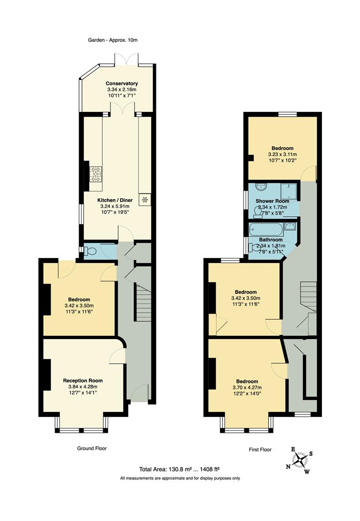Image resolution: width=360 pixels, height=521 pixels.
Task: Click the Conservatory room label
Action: (x=122, y=83)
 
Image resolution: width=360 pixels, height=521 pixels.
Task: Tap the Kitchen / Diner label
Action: (x=115, y=200)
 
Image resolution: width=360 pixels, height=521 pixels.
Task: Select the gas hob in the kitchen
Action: (x=96, y=174)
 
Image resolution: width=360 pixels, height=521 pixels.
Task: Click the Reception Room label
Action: (x=83, y=381)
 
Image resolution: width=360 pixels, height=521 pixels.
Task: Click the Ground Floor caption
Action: (x=92, y=448)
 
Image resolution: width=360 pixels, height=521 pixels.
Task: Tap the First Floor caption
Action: (x=260, y=450)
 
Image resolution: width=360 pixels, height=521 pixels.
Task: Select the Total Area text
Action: (x=179, y=469)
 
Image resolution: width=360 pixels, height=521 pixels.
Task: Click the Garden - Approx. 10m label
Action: (x=113, y=40)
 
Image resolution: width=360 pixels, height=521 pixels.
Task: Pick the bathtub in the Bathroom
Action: (x=266, y=229)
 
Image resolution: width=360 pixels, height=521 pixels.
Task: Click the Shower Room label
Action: (x=272, y=201)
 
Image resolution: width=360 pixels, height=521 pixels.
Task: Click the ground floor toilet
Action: (x=90, y=251)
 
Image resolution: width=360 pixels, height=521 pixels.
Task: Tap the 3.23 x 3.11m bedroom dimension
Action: (x=282, y=154)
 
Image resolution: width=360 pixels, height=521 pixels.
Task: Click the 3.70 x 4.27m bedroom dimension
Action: (x=247, y=387)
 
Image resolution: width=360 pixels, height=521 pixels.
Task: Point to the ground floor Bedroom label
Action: (x=79, y=300)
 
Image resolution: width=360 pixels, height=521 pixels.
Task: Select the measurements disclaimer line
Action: (x=180, y=478)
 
